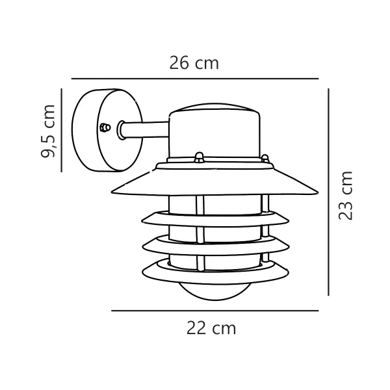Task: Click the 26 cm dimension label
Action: point(194,63)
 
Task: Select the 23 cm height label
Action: point(346,195)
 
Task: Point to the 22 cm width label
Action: point(211,328)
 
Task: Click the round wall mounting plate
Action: point(97,130)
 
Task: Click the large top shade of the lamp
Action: point(215,182)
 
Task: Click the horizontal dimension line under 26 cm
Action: point(195,79)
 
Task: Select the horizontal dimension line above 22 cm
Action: point(214,311)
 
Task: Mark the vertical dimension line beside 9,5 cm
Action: point(61,130)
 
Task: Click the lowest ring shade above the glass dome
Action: point(214,267)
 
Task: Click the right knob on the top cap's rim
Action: point(265,157)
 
